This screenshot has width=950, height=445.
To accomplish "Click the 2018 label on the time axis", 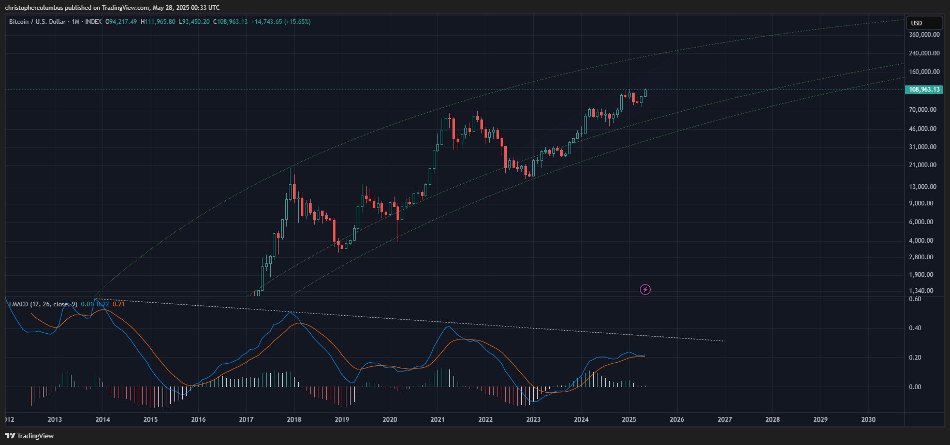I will point(294,420).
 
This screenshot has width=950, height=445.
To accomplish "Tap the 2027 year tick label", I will point(725,420).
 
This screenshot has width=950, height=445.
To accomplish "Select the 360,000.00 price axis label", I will point(924,35).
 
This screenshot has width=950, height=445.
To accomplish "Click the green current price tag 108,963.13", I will point(924,90).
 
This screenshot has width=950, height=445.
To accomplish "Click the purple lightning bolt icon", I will point(645,290).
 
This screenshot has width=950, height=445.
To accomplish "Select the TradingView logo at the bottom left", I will point(30,436).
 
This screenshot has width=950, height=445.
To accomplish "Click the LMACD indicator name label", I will point(43,304).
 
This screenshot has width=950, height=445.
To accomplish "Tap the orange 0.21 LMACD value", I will point(119,304).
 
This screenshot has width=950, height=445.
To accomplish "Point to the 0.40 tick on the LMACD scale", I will point(915,328).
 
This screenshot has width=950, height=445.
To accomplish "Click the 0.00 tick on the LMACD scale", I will point(915,387).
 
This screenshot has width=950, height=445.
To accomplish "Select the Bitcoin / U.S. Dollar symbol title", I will point(37,22).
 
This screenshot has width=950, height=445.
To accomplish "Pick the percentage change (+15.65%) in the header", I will point(297,22).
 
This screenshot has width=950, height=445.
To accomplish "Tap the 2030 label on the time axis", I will point(868,420).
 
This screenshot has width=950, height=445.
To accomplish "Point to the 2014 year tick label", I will point(103,420).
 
